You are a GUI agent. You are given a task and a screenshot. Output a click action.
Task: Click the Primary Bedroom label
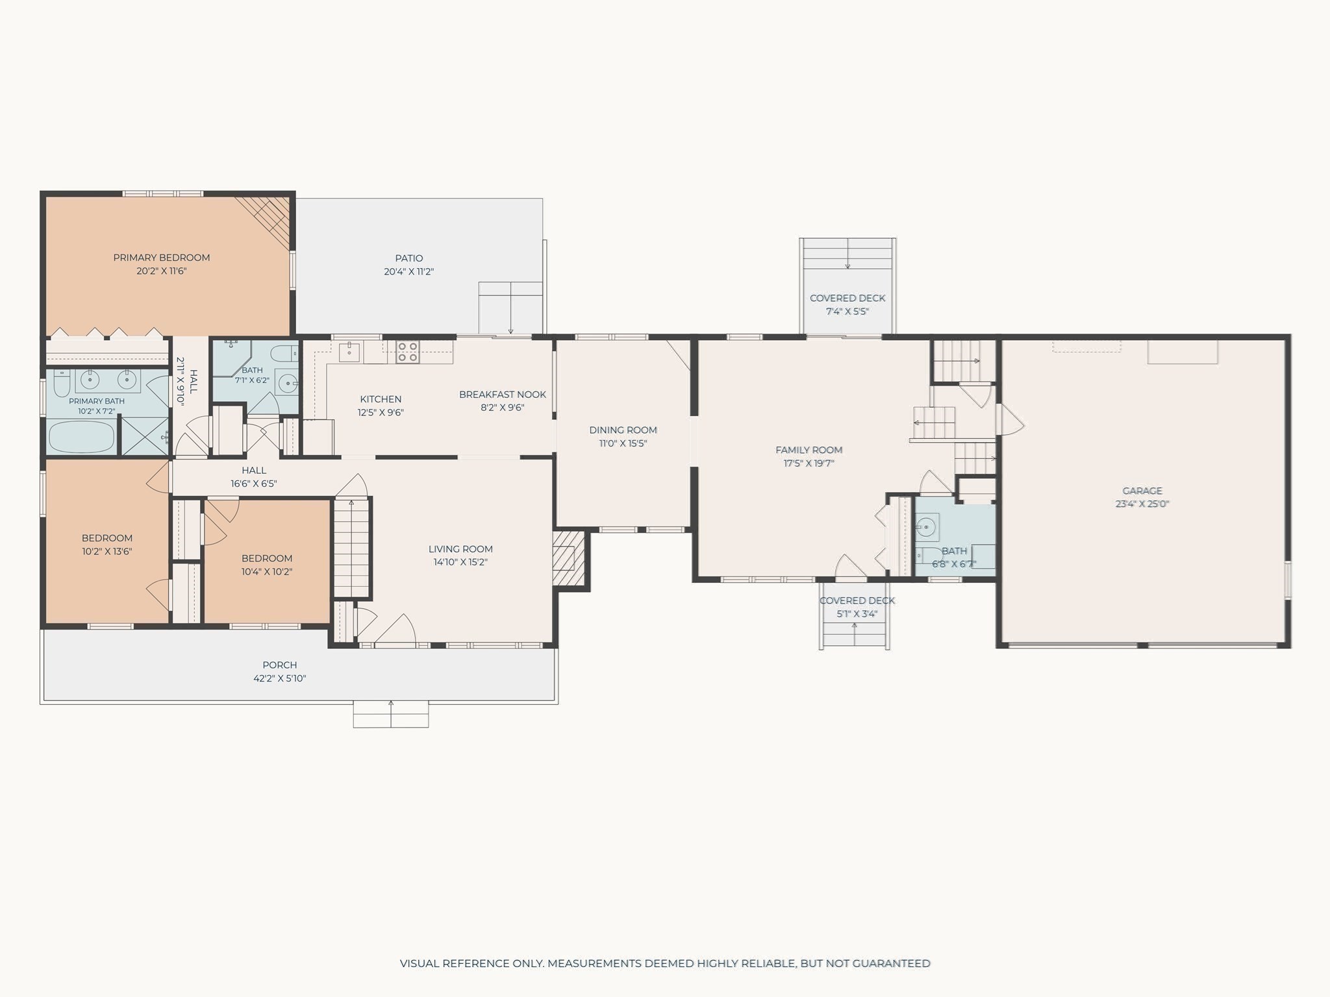pyautogui.click(x=162, y=258)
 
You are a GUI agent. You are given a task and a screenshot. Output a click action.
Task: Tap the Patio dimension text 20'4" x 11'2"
pyautogui.click(x=408, y=272)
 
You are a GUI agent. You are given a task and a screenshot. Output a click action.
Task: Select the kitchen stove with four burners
pyautogui.click(x=408, y=351)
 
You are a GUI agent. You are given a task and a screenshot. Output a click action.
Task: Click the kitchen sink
pyautogui.click(x=349, y=352)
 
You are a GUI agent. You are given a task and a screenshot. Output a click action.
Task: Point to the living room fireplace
pyautogui.click(x=569, y=560)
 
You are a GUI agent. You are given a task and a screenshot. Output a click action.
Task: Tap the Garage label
pyautogui.click(x=1142, y=491)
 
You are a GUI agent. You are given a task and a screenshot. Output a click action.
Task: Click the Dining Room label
pyautogui.click(x=623, y=430)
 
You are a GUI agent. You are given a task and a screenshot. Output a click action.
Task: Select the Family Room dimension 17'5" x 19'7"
pyautogui.click(x=809, y=463)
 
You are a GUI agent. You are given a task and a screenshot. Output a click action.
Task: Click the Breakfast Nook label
pyautogui.click(x=503, y=394)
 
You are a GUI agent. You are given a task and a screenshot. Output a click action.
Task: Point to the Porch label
pyautogui.click(x=280, y=665)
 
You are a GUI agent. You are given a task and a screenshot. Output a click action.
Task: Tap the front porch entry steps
pyautogui.click(x=391, y=714)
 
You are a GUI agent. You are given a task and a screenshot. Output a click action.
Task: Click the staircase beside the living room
pyautogui.click(x=351, y=547)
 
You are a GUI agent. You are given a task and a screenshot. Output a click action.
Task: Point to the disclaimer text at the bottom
pyautogui.click(x=665, y=963)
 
